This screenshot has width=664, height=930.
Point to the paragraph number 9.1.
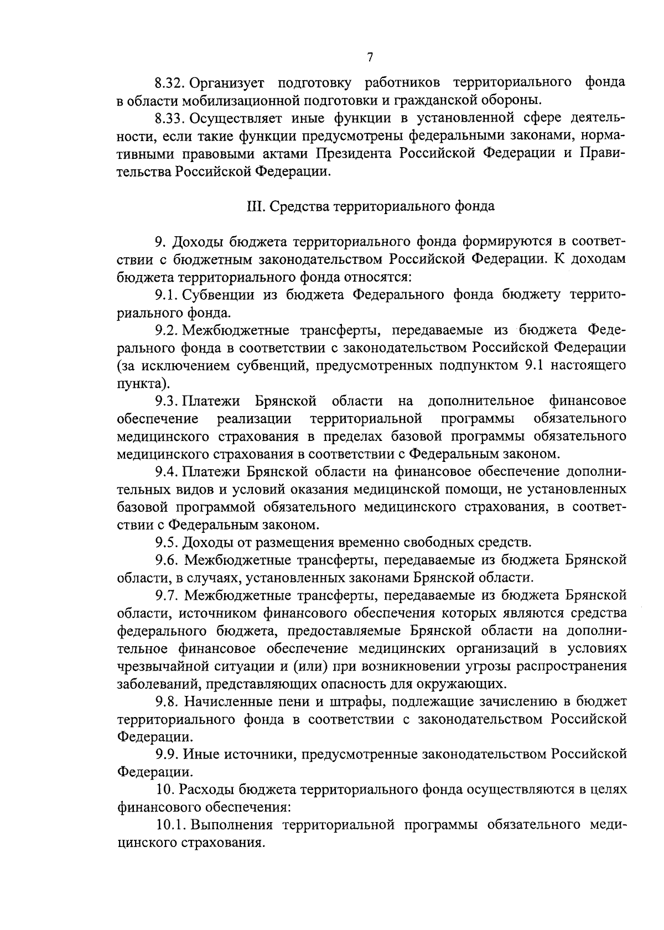click(x=165, y=295)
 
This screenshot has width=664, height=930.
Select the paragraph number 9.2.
click(x=165, y=331)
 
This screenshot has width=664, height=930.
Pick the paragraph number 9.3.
click(x=165, y=401)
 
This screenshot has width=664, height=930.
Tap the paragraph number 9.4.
click(x=165, y=472)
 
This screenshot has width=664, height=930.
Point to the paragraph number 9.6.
click(x=165, y=560)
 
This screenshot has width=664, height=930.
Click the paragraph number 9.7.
click(x=165, y=596)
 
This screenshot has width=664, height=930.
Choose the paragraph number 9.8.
click(x=165, y=702)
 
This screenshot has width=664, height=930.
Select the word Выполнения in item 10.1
click(x=233, y=826)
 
